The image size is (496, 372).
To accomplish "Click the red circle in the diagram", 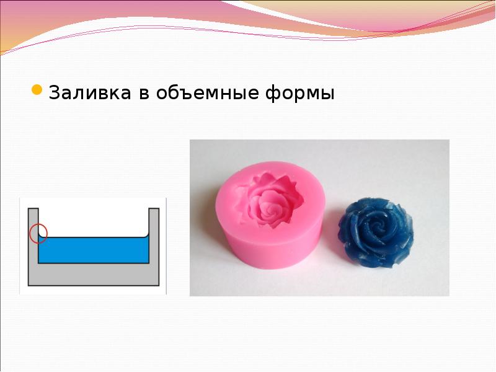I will (38, 232).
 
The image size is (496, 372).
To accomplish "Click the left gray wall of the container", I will (33, 248).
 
